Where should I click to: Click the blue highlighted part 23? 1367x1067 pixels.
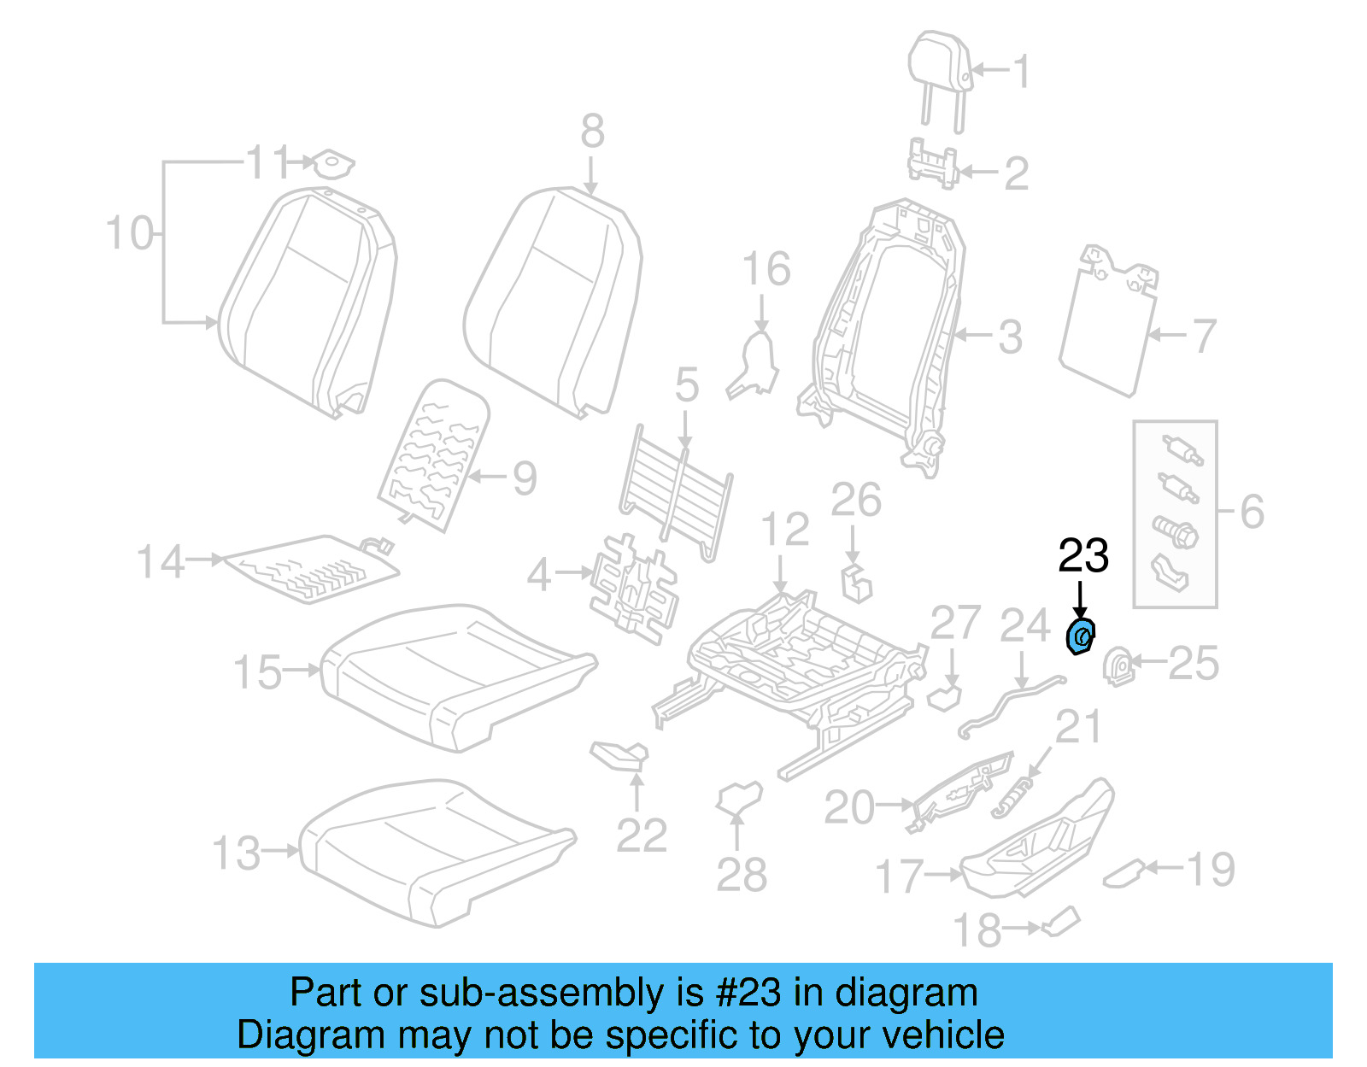1081,637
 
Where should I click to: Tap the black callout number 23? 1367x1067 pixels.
1083,556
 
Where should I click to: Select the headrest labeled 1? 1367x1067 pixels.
940,68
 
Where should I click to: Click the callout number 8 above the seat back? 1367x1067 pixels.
592,132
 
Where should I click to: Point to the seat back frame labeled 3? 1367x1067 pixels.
889,333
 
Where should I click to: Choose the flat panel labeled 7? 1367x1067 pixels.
1106,329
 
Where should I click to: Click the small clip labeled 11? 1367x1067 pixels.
331,164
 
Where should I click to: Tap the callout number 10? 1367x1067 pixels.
130,233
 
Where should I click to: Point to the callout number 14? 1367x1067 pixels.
161,562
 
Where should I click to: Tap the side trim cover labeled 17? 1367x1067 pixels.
1038,841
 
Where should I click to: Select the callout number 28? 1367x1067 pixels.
742,875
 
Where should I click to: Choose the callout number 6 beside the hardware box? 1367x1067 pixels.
1252,512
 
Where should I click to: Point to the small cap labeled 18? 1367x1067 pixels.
1061,923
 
